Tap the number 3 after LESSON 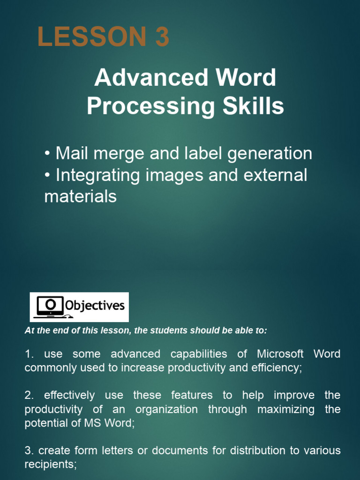pyautogui.click(x=162, y=37)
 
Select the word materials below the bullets pyautogui.click(x=80, y=196)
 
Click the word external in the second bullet pyautogui.click(x=275, y=175)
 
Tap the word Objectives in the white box pyautogui.click(x=95, y=306)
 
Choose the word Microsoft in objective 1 pyautogui.click(x=280, y=353)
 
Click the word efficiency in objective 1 pyautogui.click(x=277, y=367)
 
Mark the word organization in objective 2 pyautogui.click(x=166, y=409)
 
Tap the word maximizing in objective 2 pyautogui.click(x=285, y=409)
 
